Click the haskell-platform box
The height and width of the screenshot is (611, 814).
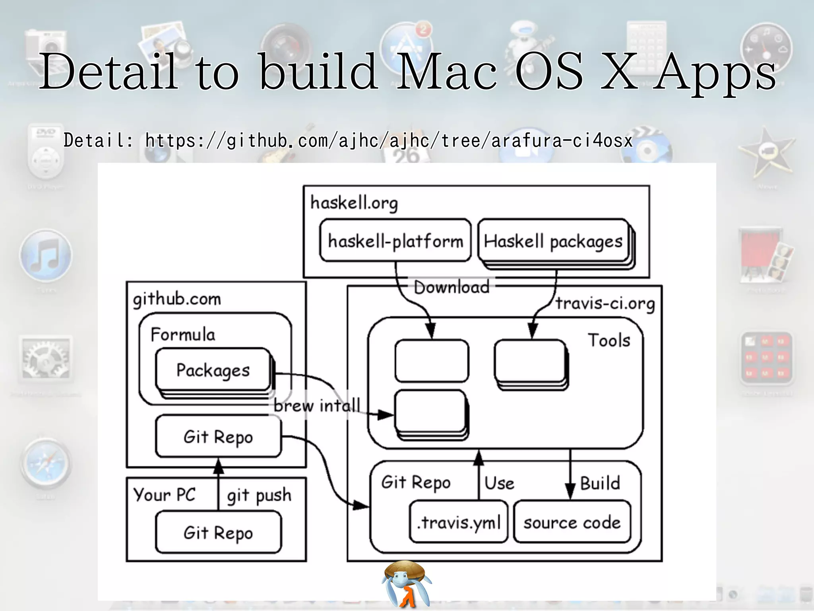click(395, 241)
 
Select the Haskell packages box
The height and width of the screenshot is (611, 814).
click(553, 241)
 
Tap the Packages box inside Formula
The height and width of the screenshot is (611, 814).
click(213, 370)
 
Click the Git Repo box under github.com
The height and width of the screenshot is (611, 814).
click(218, 436)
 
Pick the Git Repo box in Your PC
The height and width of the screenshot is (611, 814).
click(218, 532)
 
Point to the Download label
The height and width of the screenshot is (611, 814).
click(452, 287)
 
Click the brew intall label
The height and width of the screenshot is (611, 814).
click(317, 406)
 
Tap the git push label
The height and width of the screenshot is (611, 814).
click(259, 495)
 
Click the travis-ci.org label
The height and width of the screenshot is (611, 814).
click(605, 304)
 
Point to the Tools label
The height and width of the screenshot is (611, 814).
click(609, 341)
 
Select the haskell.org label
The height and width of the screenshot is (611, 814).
click(354, 203)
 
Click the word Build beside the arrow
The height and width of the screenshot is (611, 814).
click(600, 483)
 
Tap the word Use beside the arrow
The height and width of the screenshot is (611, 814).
click(499, 483)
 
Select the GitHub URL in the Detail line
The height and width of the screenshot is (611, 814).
click(389, 140)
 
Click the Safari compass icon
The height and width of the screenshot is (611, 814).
click(46, 464)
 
